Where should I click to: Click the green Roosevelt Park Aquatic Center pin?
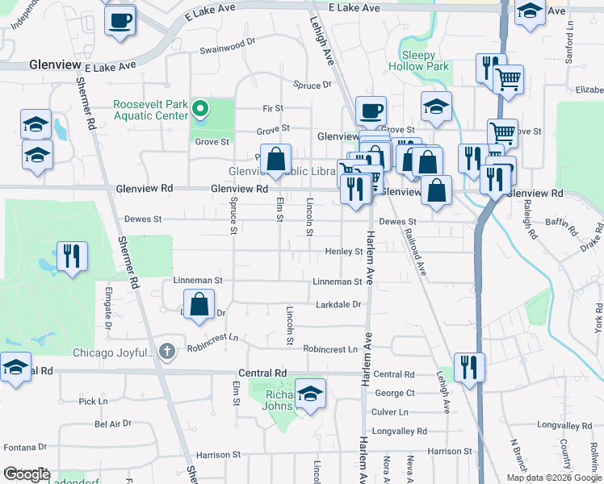click(x=199, y=109)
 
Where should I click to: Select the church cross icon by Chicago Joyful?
click(x=166, y=351)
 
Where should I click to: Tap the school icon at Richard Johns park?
click(x=310, y=394)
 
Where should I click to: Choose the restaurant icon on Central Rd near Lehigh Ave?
click(x=469, y=367)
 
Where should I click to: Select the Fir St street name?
click(x=273, y=108)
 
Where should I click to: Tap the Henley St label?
click(x=343, y=252)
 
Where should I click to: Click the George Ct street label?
click(x=394, y=393)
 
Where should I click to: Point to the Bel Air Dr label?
click(x=112, y=423)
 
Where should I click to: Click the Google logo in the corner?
click(x=26, y=474)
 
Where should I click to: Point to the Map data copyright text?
click(x=553, y=478)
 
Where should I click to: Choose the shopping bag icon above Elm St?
click(x=277, y=160)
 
